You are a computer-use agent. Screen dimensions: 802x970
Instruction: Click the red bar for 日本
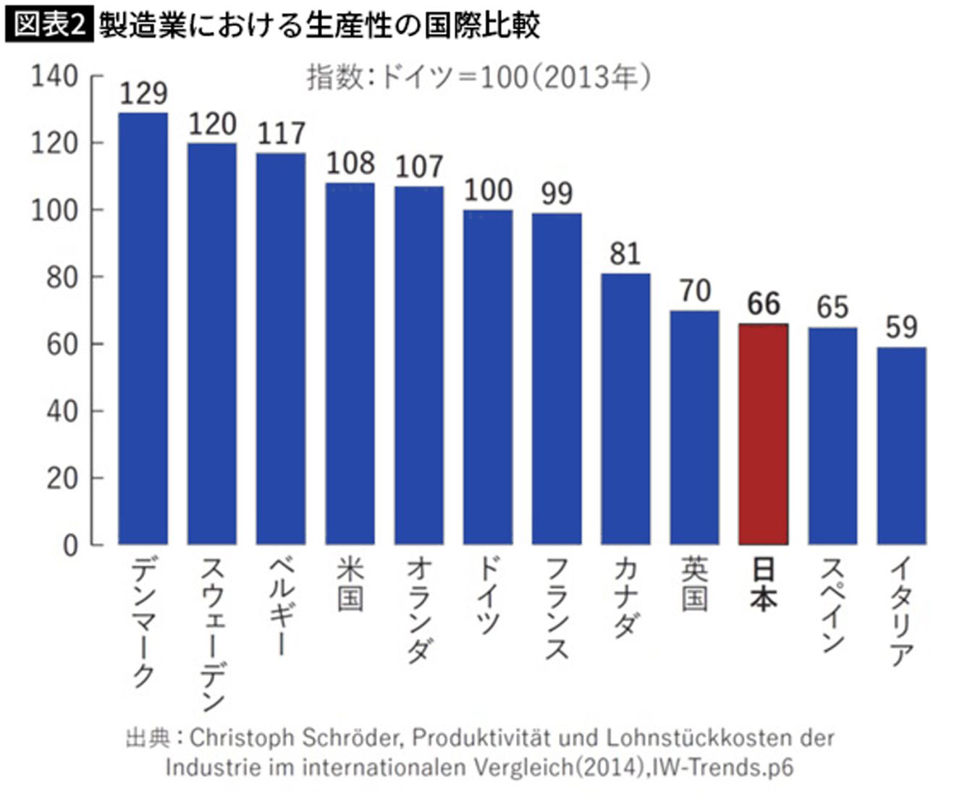(763, 434)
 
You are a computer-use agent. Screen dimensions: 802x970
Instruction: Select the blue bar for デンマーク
(143, 329)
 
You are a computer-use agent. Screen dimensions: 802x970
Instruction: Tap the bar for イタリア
(901, 446)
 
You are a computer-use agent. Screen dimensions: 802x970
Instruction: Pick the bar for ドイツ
(488, 377)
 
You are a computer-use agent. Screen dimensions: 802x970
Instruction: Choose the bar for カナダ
(625, 409)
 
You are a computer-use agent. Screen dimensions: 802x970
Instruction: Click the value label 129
(143, 93)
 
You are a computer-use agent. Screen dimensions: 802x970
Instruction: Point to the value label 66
(764, 304)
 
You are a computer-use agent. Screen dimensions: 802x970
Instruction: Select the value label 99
(557, 193)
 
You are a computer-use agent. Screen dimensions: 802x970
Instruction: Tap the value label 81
(625, 254)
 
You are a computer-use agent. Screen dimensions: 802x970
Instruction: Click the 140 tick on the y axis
(54, 76)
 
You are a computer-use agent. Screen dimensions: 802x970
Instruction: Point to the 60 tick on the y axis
(62, 345)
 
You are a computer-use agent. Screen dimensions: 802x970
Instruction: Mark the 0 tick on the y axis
(70, 545)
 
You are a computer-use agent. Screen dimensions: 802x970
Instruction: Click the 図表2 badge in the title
(49, 26)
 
